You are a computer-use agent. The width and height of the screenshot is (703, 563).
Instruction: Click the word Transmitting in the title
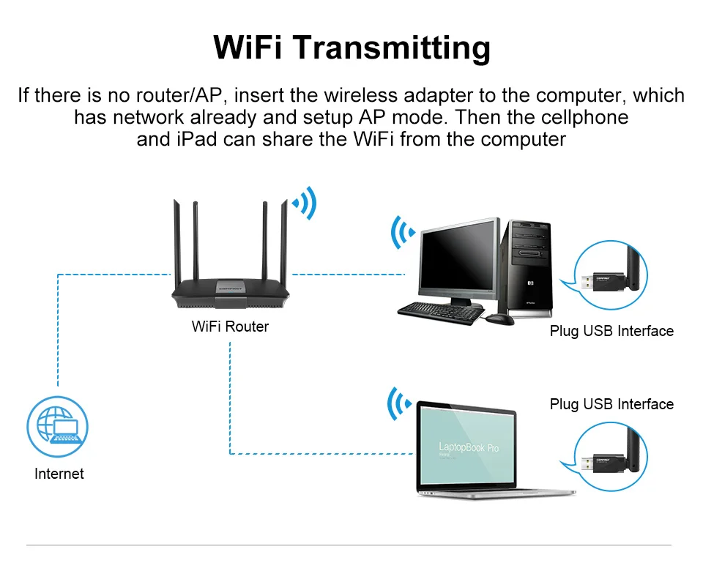click(393, 48)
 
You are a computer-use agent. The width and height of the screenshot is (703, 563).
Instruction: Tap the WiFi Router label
click(230, 327)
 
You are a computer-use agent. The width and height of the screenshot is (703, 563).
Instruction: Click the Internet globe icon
click(57, 426)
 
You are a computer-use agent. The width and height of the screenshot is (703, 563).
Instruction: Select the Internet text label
click(59, 474)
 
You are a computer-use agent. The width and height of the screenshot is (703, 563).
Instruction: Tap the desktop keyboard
click(441, 313)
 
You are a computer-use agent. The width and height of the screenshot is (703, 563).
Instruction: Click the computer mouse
click(500, 319)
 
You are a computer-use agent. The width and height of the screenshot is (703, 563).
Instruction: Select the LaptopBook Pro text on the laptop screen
click(469, 447)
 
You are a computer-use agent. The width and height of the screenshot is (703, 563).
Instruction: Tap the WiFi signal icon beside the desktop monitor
click(403, 232)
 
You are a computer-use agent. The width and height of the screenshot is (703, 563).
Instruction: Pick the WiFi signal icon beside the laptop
click(399, 403)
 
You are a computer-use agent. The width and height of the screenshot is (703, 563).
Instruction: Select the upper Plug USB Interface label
click(611, 331)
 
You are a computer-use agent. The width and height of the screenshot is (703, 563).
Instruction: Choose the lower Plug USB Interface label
click(611, 404)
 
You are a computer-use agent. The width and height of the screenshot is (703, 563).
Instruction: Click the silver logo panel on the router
click(231, 287)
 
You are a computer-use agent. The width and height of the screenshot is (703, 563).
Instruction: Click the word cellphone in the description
click(587, 117)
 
